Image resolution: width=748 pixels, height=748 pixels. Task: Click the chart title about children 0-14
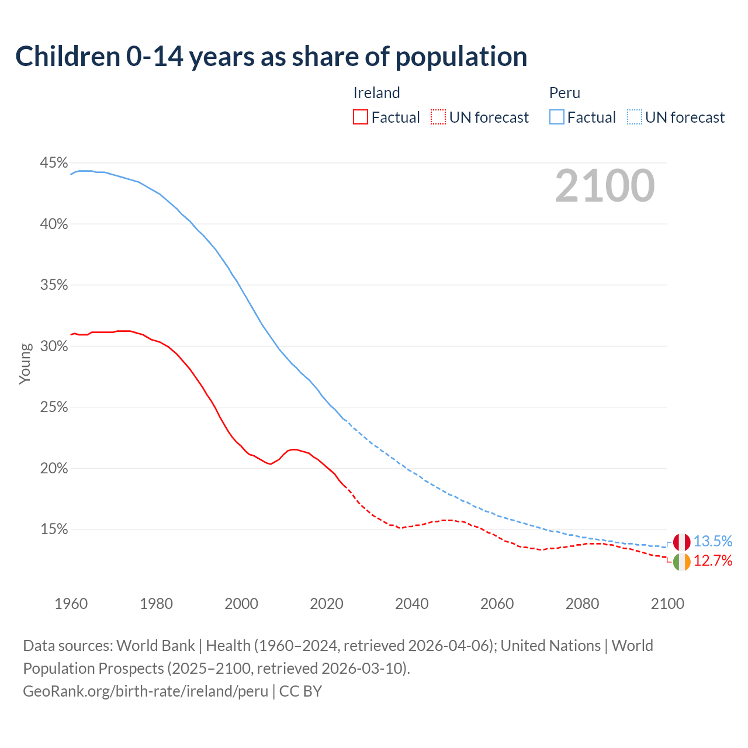(271, 57)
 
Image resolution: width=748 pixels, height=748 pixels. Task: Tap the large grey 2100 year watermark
(605, 186)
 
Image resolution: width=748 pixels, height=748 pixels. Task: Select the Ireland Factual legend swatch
(361, 117)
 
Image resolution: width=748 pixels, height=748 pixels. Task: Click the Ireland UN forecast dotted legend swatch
(438, 117)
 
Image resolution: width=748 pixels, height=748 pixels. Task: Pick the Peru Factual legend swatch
(557, 117)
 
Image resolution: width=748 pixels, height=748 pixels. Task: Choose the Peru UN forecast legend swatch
(635, 117)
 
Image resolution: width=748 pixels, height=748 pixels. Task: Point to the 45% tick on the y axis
(54, 163)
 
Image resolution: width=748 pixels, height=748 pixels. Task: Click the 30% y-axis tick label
(54, 347)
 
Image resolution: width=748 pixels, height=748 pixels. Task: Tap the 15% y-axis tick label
(54, 529)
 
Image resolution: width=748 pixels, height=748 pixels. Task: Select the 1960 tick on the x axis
(71, 604)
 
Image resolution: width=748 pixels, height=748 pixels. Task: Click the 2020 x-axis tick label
(327, 604)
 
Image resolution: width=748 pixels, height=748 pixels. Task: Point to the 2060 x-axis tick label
(497, 604)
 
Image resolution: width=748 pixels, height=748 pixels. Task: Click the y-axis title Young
(25, 363)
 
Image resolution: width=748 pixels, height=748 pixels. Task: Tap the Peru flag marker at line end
(681, 542)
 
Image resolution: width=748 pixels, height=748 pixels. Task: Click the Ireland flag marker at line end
(681, 562)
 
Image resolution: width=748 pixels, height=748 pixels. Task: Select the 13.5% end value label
(712, 542)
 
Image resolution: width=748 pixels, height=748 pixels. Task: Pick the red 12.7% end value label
(712, 561)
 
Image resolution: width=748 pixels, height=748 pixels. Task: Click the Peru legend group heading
(565, 93)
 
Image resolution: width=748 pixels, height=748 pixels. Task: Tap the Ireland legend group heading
(376, 93)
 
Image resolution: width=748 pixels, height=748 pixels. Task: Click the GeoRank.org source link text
(146, 691)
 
